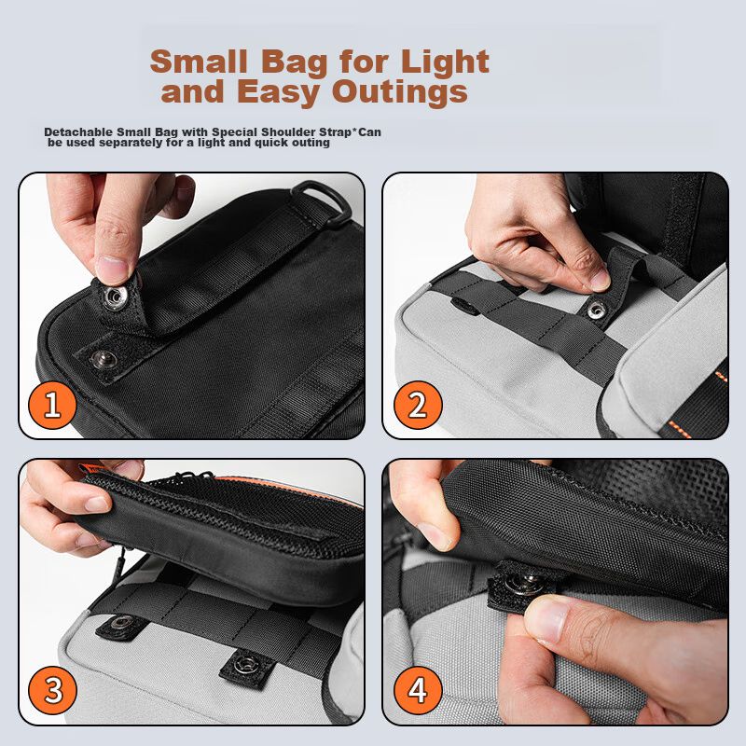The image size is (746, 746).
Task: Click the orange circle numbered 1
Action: (52, 405)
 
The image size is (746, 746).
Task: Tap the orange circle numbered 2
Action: (418, 405)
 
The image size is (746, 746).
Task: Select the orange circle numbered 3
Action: (52, 690)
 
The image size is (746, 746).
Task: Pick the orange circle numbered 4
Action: (418, 690)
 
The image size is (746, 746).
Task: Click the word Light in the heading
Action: (445, 62)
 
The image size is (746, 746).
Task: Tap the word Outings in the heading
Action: (400, 91)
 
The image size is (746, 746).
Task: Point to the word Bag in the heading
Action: (295, 62)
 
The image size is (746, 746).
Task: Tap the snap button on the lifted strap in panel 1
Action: (115, 297)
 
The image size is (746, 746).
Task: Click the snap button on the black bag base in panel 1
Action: (104, 359)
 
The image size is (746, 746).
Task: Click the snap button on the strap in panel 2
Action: (596, 311)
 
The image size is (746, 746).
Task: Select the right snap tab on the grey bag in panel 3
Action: (247, 664)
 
